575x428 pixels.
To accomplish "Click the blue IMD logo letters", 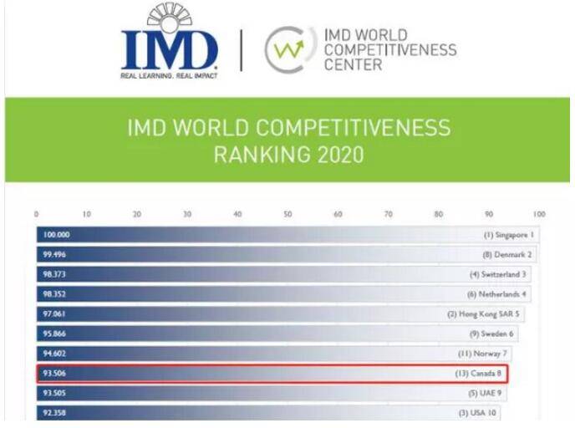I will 169,49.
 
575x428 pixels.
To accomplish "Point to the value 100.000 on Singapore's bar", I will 56,235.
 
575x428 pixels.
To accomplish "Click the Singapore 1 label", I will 508,235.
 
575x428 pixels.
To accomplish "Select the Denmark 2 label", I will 507,254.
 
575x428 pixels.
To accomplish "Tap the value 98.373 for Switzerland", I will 54,274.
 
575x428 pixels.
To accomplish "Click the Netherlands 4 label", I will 498,294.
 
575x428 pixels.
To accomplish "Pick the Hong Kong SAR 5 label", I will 484,314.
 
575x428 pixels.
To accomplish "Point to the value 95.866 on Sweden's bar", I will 54,334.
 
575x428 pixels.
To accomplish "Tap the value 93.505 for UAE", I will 54,393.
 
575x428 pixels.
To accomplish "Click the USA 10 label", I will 478,413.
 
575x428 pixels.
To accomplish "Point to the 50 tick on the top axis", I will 287,215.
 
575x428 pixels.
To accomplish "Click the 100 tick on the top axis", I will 538,215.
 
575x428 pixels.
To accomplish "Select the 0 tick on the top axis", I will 37,215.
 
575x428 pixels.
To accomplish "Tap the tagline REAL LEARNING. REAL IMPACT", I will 169,76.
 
